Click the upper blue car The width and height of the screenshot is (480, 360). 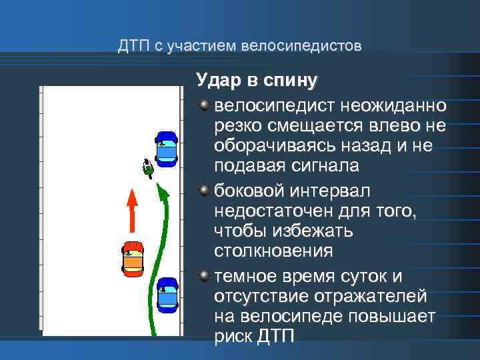click(x=166, y=148)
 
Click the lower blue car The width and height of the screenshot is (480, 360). click(x=167, y=295)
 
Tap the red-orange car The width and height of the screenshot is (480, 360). click(x=133, y=259)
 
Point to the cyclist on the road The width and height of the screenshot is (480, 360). click(x=148, y=169)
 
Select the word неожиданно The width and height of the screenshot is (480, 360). click(x=393, y=106)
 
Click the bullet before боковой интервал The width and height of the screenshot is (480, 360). click(x=205, y=191)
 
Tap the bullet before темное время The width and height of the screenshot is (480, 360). click(x=205, y=276)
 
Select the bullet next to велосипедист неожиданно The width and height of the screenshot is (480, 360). click(x=205, y=106)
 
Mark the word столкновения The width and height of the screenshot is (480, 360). click(x=273, y=251)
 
